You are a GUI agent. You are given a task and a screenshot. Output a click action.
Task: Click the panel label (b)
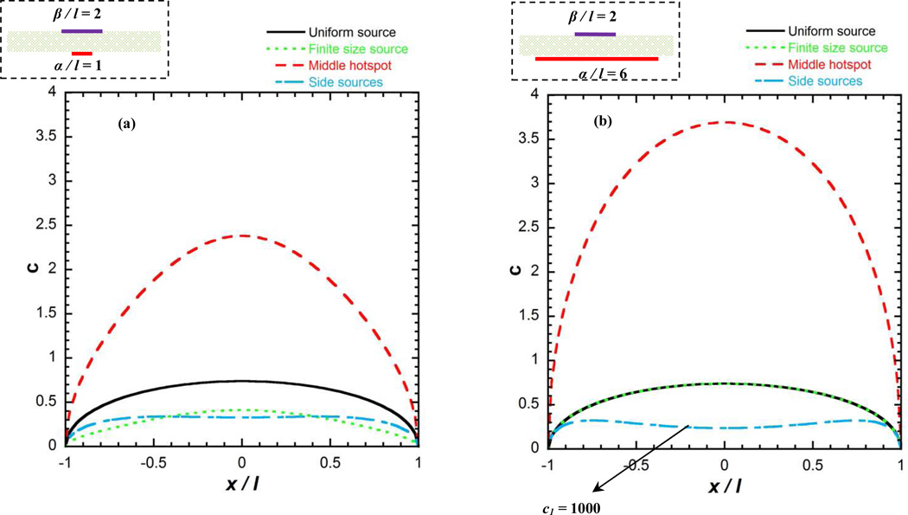pyautogui.click(x=603, y=122)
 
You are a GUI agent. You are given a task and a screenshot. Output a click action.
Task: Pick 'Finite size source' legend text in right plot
pyautogui.click(x=831, y=48)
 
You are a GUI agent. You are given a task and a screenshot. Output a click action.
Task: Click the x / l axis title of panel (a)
pyautogui.click(x=242, y=485)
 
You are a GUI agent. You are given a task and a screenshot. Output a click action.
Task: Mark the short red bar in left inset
pyautogui.click(x=82, y=54)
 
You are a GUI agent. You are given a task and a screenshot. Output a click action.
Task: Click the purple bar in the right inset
pyautogui.click(x=595, y=34)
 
